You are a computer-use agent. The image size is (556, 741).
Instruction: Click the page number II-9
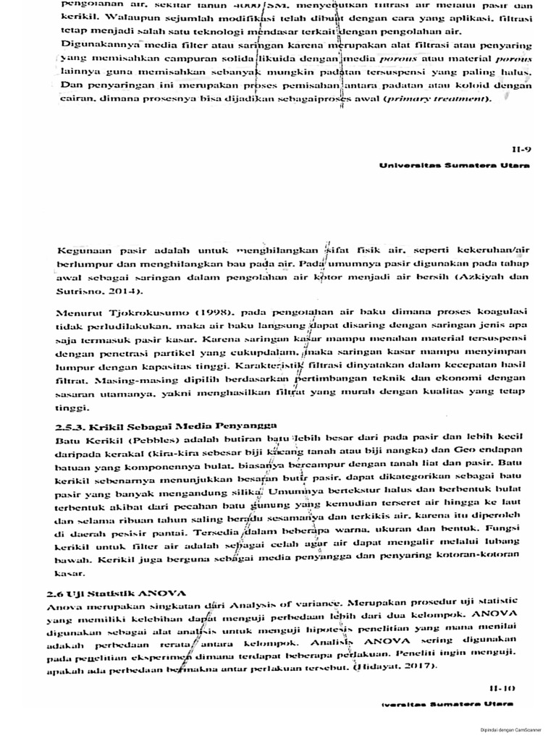point(521,150)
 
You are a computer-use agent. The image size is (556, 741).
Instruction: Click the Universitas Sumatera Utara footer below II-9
point(455,165)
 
